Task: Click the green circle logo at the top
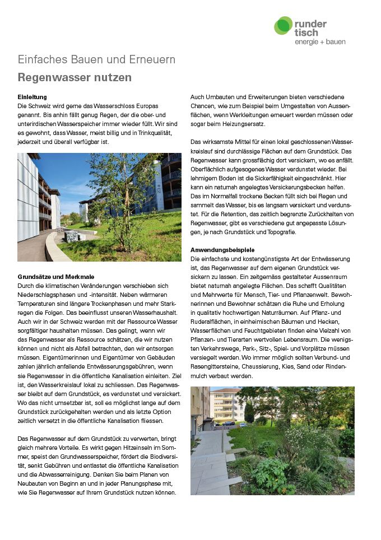284,26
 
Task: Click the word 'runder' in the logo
310,24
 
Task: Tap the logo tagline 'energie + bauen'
320,41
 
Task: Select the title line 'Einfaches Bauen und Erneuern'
96,60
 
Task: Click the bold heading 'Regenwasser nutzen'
75,77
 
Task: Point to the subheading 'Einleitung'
32,97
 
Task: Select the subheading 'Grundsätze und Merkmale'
56,277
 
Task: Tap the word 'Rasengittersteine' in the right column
212,367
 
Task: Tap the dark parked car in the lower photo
227,423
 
